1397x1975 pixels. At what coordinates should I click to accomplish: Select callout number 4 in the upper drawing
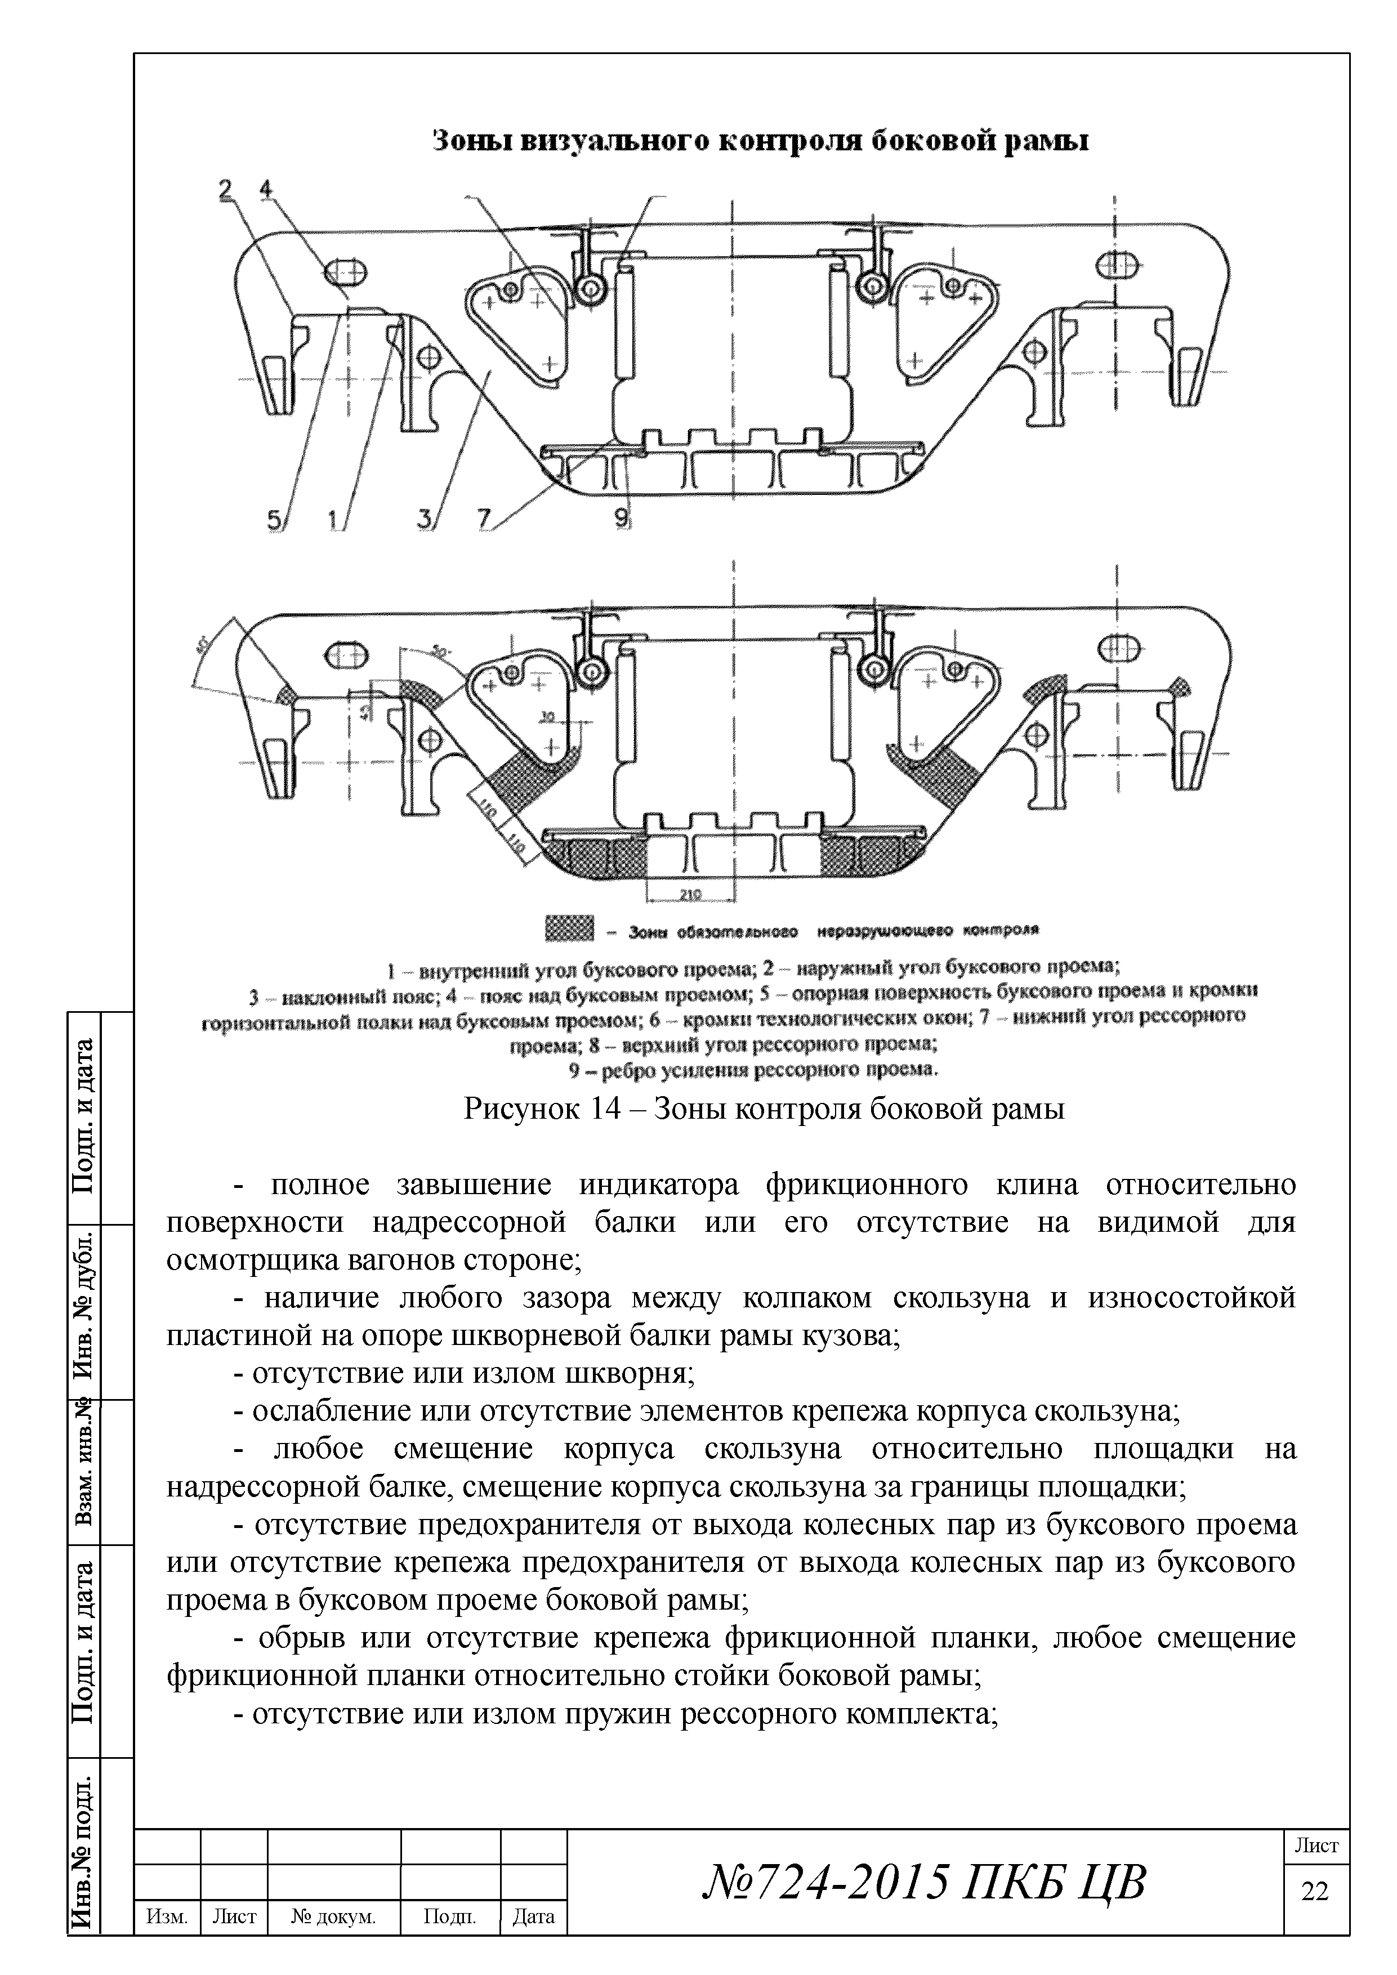[x=265, y=189]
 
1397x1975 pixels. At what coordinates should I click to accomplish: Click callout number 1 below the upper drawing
[x=332, y=520]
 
